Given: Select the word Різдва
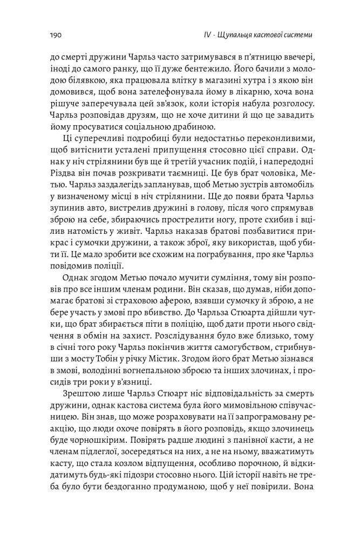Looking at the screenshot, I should [63, 174].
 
